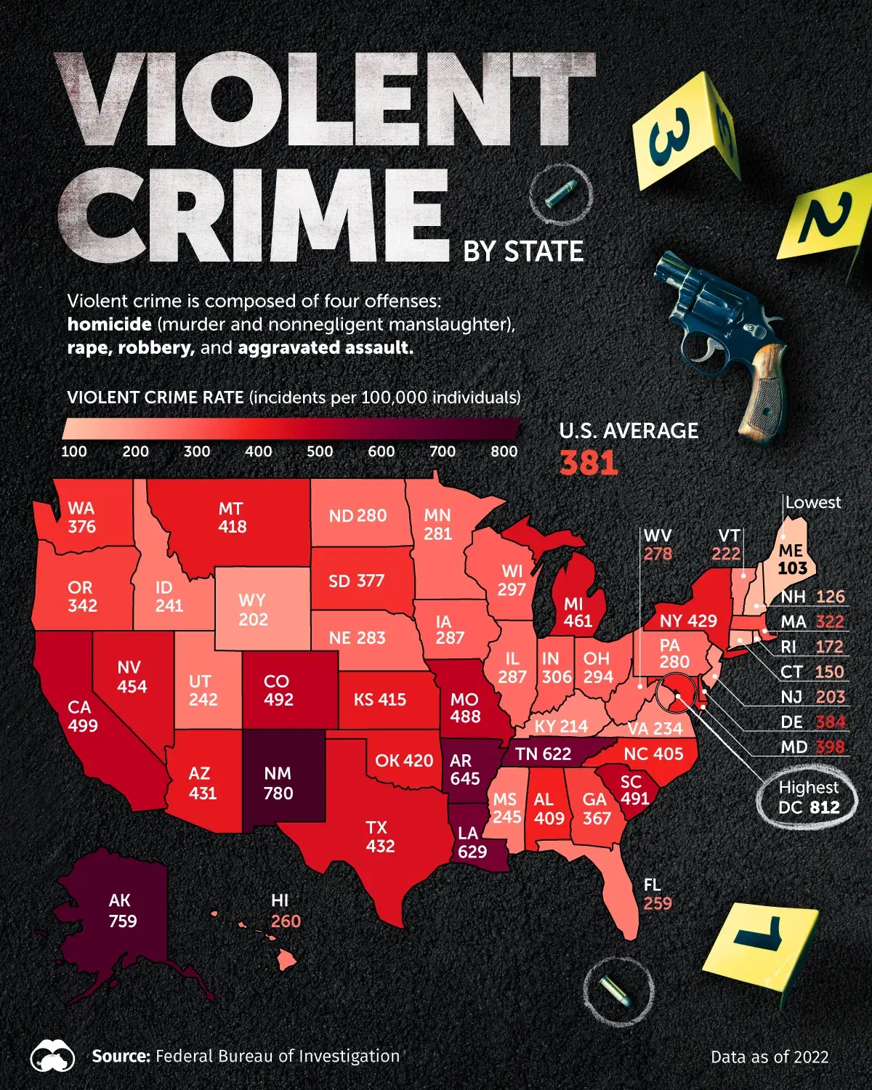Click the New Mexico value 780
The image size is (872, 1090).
click(278, 793)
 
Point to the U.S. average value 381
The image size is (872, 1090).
click(589, 463)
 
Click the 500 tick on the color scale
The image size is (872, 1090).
click(320, 451)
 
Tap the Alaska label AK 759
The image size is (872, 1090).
click(121, 911)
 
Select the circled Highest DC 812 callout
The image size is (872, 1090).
click(808, 797)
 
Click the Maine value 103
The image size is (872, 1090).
click(792, 568)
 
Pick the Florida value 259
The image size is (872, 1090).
click(658, 903)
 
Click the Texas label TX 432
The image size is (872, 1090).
click(380, 836)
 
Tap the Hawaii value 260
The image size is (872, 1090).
click(286, 921)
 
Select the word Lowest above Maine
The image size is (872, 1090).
click(812, 502)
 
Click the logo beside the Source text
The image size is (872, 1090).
click(52, 1057)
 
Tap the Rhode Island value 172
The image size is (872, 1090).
click(829, 647)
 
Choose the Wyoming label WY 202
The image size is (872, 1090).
click(253, 610)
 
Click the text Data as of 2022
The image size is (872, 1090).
click(770, 1057)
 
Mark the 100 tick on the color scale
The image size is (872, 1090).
click(74, 451)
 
